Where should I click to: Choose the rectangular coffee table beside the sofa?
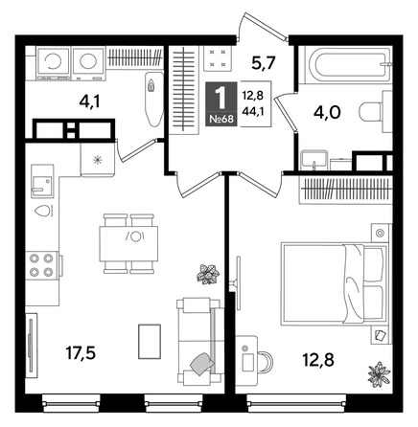tap(151, 343)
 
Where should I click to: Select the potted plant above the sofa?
tap(205, 277)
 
